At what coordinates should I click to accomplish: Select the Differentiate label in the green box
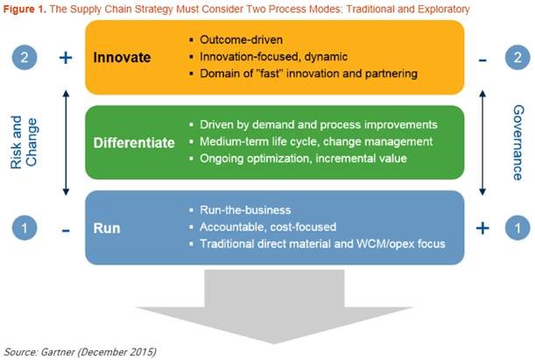coord(134,141)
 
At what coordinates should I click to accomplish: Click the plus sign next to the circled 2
coord(64,58)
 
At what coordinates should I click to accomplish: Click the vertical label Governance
coord(517,141)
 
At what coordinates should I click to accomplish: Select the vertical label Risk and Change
coord(24,141)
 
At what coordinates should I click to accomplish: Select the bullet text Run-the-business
coord(250,211)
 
